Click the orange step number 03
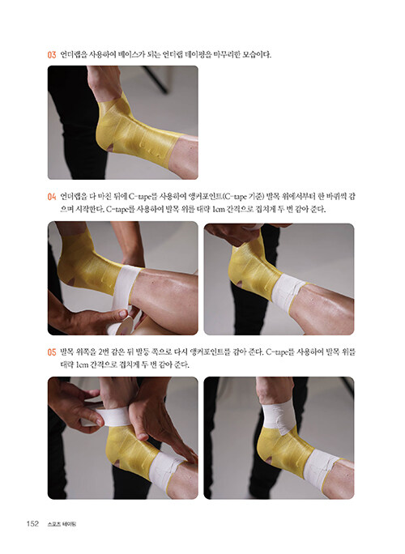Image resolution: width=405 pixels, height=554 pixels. pyautogui.click(x=52, y=55)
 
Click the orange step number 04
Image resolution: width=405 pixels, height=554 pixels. pyautogui.click(x=52, y=197)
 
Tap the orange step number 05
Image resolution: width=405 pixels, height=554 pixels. pyautogui.click(x=52, y=352)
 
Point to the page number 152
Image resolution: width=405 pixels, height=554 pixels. pyautogui.click(x=32, y=523)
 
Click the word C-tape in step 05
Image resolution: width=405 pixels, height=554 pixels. pyautogui.click(x=280, y=352)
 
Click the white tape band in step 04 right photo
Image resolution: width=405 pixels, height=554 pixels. pyautogui.click(x=288, y=292)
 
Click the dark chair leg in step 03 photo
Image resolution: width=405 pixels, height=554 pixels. pyautogui.click(x=156, y=79)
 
